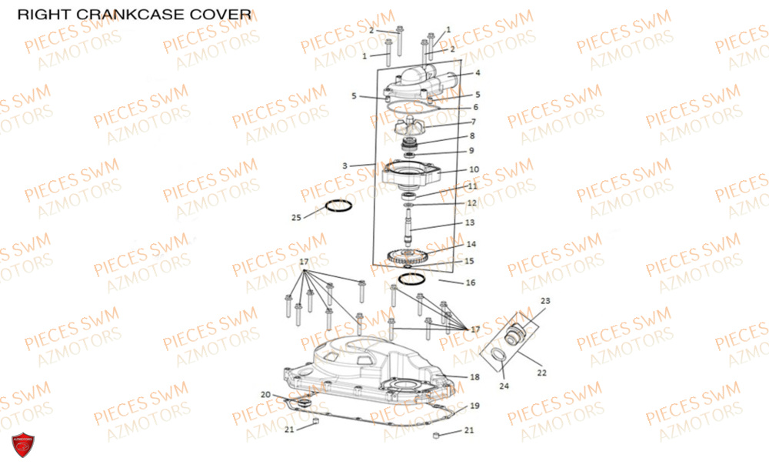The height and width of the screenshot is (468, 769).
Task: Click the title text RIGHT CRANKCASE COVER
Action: tap(134, 14)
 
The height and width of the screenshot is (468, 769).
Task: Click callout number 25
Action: tap(297, 218)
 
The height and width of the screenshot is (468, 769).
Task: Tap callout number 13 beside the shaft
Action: tap(470, 222)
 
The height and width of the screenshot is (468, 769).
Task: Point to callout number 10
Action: tap(474, 169)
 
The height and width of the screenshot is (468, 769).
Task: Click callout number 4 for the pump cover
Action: tap(478, 73)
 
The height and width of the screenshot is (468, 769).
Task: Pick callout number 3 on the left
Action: tap(346, 165)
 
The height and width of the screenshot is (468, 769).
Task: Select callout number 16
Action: tap(471, 282)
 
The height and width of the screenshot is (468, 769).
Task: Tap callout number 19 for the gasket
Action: tap(474, 405)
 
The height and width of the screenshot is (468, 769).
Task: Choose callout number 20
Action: tap(265, 394)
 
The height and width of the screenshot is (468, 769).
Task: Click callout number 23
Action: tap(545, 300)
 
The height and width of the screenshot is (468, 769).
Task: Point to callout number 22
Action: tap(541, 373)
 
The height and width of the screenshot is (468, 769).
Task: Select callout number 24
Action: tap(505, 386)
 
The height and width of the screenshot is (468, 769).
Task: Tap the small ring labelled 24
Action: tap(498, 354)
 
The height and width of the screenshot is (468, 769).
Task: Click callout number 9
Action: tap(471, 150)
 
